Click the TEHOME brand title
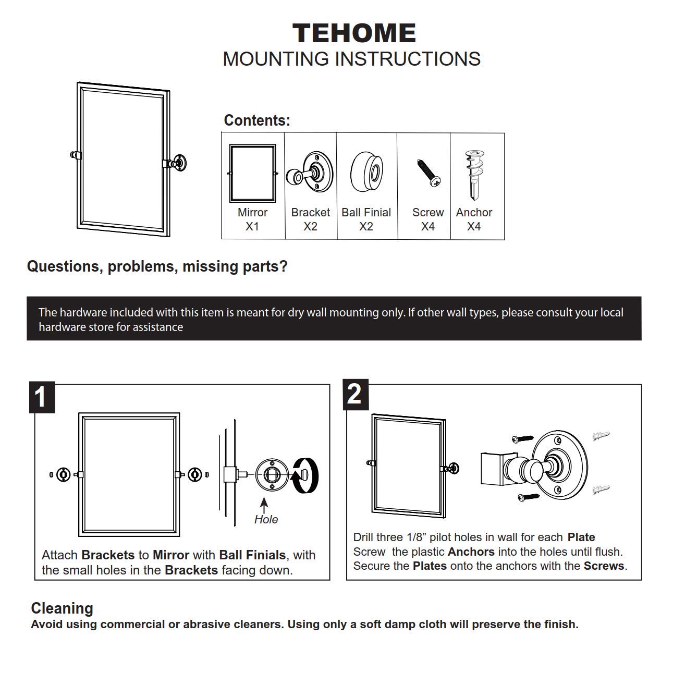[x=354, y=33]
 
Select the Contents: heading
[x=256, y=120]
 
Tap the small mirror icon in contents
[x=253, y=174]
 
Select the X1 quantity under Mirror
[x=252, y=227]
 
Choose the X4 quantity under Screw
[x=428, y=227]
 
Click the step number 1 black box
[x=41, y=398]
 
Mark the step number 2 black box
[x=354, y=394]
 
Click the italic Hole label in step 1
[x=266, y=519]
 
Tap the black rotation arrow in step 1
[x=305, y=475]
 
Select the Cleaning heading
[x=62, y=608]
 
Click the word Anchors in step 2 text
[x=471, y=552]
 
